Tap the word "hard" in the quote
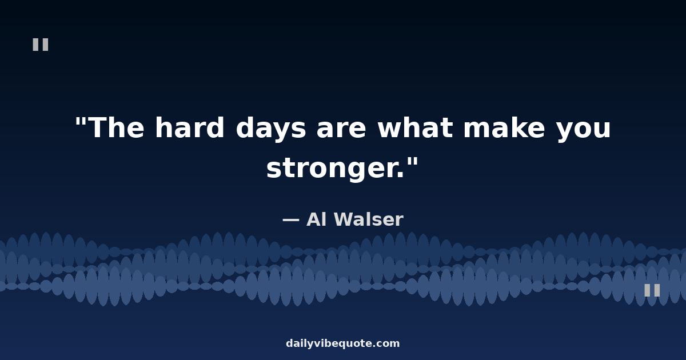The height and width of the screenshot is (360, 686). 190,127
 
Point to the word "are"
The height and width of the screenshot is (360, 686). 341,130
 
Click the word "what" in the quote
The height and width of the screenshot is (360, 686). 415,127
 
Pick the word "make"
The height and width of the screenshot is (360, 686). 504,127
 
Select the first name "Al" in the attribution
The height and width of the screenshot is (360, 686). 316,219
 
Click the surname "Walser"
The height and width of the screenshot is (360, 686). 368,219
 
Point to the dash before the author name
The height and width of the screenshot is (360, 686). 290,219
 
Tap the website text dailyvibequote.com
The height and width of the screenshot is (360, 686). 342,343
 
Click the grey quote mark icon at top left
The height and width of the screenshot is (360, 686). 41,45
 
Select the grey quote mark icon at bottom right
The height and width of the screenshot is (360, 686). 652,290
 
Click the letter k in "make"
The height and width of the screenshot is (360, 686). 514,127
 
